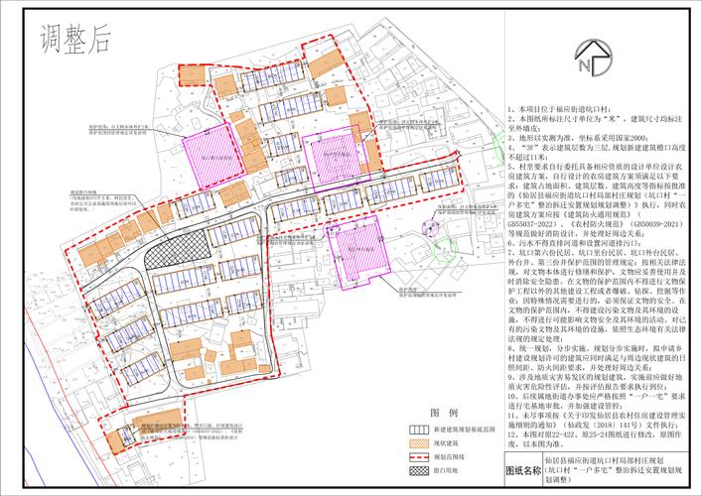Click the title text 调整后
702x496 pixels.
click(x=74, y=41)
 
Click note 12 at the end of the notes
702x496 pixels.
click(x=586, y=434)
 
